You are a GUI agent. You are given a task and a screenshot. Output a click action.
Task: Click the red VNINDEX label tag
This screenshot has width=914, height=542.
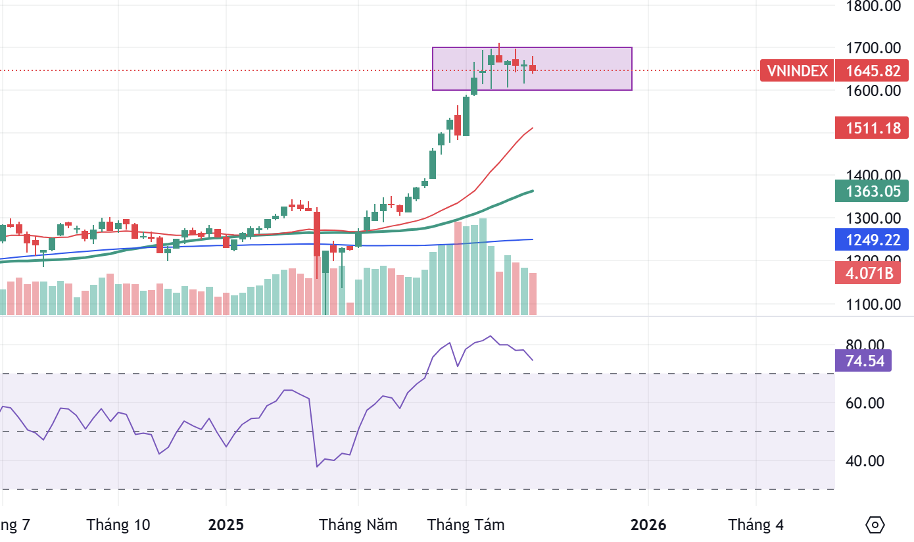point(797,70)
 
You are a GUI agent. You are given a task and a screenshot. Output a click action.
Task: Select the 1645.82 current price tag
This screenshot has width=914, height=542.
point(873,70)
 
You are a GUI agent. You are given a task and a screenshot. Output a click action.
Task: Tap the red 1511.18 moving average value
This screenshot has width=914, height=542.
point(873,128)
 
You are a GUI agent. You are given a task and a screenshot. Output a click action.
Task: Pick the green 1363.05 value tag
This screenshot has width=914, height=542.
point(873,191)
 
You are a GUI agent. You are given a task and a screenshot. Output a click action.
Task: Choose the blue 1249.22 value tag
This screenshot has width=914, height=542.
point(873,239)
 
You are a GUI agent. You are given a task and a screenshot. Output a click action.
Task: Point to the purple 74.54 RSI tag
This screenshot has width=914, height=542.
point(863,360)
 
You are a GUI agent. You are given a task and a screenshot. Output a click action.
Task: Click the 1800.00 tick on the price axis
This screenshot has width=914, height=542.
point(873,7)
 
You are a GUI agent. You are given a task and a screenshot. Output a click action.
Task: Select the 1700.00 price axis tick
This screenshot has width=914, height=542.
point(873,48)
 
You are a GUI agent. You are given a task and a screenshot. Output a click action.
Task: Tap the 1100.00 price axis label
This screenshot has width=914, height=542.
point(873,305)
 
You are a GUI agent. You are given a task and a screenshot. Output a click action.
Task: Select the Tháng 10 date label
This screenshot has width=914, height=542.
point(118,525)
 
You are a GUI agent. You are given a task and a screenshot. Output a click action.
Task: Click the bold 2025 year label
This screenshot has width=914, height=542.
point(226,525)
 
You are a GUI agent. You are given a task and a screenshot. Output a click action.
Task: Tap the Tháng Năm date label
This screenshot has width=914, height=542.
point(358,525)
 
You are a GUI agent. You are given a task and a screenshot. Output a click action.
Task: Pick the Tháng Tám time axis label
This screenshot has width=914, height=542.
point(466,525)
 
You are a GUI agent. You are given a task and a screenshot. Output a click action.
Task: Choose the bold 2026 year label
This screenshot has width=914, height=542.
point(648,525)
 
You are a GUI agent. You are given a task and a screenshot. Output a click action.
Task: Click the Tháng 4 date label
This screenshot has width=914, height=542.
point(756,525)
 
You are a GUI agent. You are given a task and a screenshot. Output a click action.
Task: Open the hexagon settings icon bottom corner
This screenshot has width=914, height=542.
point(875,525)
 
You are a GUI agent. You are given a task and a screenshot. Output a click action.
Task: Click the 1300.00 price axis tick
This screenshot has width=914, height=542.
point(873,218)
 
